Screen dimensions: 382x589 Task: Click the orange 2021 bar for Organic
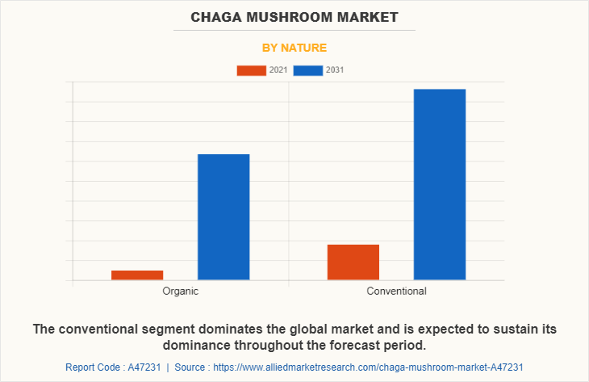(x=137, y=275)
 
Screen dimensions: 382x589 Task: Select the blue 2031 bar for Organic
(x=223, y=216)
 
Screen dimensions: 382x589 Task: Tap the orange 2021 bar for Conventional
(x=353, y=262)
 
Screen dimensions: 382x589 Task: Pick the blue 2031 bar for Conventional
(x=440, y=184)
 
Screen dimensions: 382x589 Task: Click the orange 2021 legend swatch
(x=251, y=70)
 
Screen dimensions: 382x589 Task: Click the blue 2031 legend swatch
(x=308, y=70)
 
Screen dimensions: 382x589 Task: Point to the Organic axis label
(x=180, y=291)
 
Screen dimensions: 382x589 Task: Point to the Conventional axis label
(x=396, y=291)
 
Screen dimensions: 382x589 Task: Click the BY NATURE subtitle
(x=294, y=48)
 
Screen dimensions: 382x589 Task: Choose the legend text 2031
(x=335, y=70)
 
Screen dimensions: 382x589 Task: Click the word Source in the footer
(x=192, y=367)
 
